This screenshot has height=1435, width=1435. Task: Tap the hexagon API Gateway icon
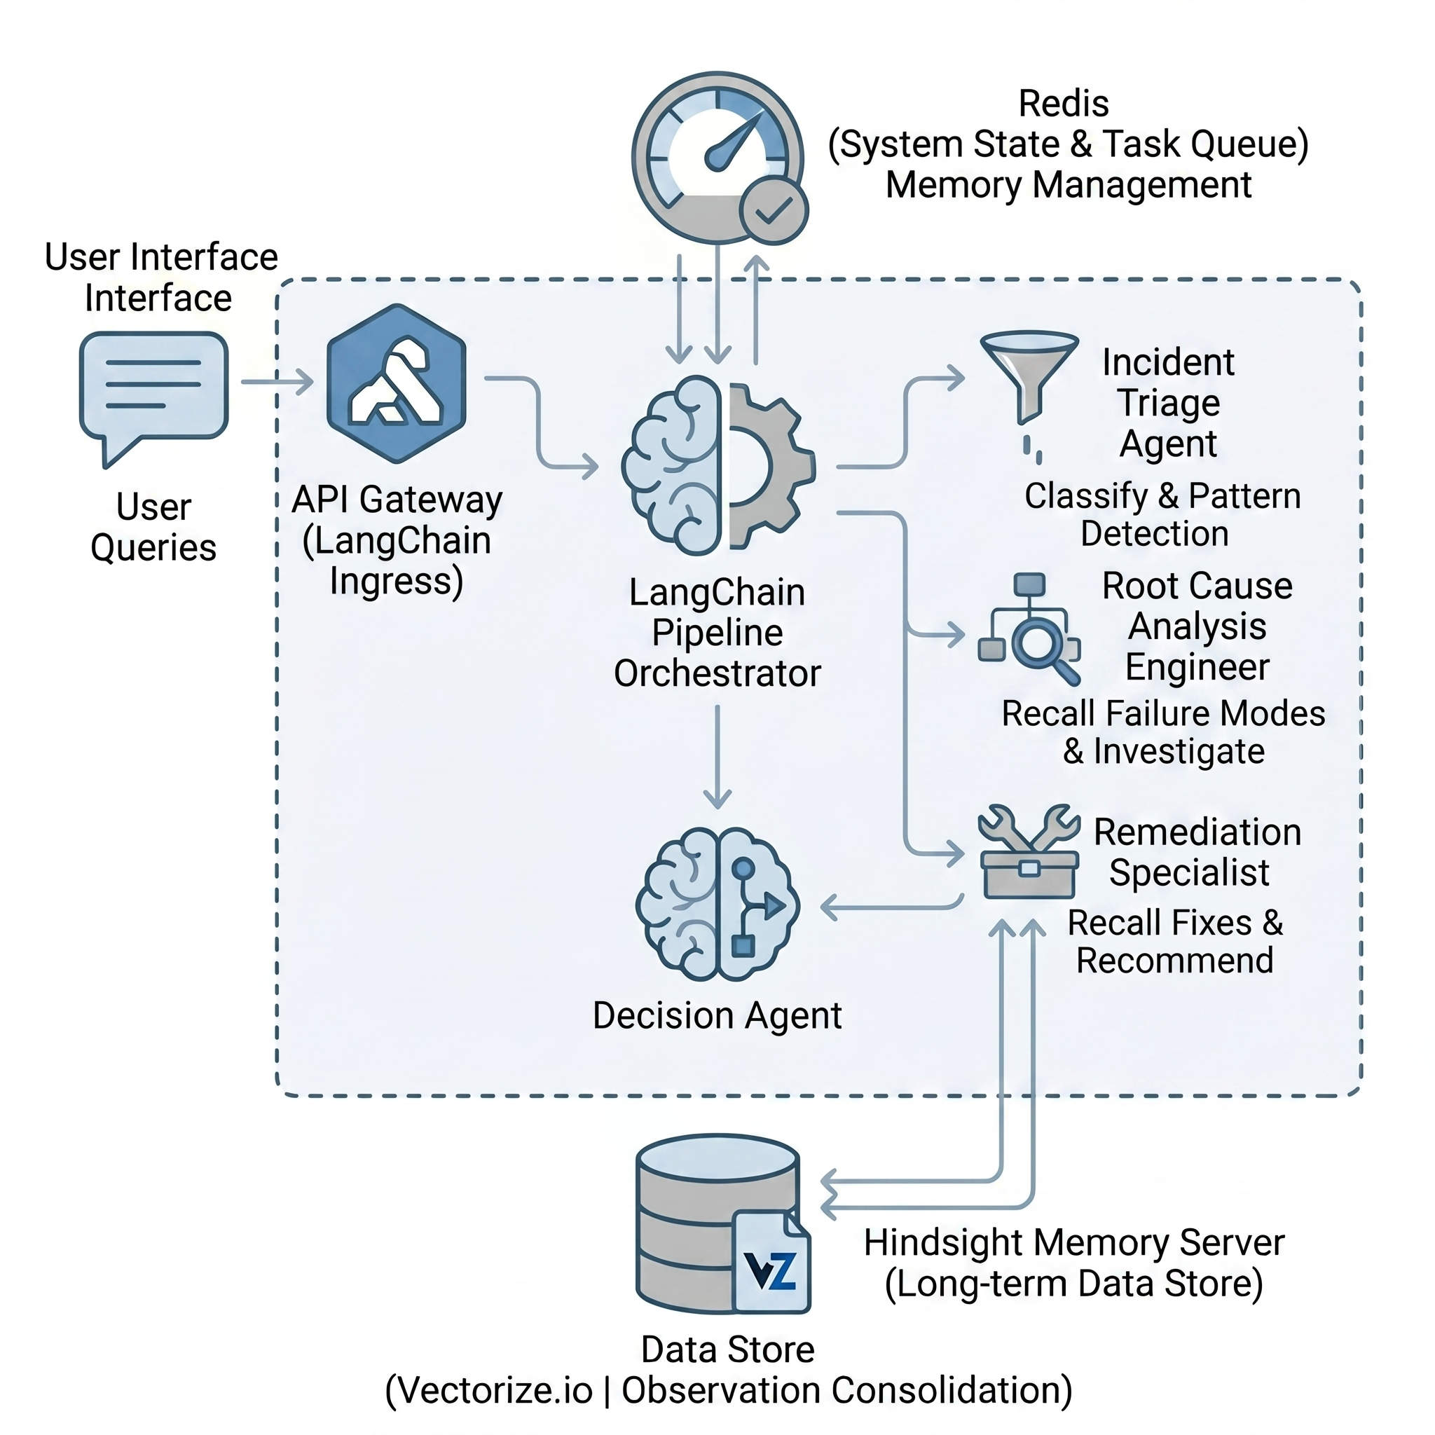397,384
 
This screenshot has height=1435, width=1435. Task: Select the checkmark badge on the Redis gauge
774,211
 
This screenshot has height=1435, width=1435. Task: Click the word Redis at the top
1063,104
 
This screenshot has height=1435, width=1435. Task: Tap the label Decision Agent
717,1015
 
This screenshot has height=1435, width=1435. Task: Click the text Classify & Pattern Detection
1162,515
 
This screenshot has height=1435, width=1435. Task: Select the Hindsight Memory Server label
1073,1242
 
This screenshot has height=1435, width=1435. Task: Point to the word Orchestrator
717,673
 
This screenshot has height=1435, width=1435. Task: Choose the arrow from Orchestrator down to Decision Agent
717,757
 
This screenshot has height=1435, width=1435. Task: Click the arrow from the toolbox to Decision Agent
891,907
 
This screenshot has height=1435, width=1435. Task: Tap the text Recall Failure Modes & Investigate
1163,732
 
